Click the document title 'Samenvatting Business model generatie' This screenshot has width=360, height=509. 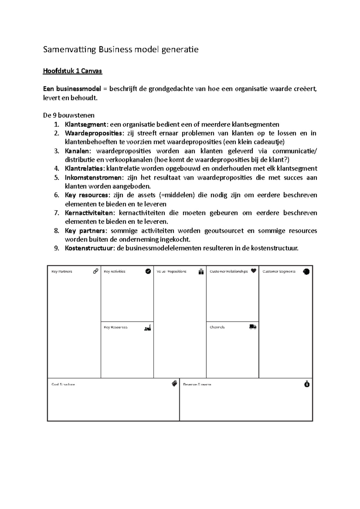(x=121, y=49)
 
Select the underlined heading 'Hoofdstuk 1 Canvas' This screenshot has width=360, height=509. (x=72, y=71)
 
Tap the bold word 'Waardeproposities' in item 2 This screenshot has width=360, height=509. (x=93, y=133)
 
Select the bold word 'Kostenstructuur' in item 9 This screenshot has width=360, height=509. (x=88, y=249)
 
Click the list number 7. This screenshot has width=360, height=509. (x=57, y=213)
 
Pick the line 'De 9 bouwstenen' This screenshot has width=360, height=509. (x=69, y=115)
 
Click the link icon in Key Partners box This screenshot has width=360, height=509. (x=96, y=271)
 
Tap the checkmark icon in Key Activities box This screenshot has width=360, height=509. (x=148, y=271)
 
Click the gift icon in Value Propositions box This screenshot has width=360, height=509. (x=201, y=272)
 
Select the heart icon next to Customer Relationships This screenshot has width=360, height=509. (x=253, y=271)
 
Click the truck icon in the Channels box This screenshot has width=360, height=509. (x=253, y=327)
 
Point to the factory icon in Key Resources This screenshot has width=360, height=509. (x=148, y=328)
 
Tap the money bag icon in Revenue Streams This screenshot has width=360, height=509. (x=307, y=384)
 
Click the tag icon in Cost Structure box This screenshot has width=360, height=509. (x=174, y=384)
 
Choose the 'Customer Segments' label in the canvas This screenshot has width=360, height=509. (x=279, y=272)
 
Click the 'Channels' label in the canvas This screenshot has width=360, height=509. (x=217, y=327)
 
